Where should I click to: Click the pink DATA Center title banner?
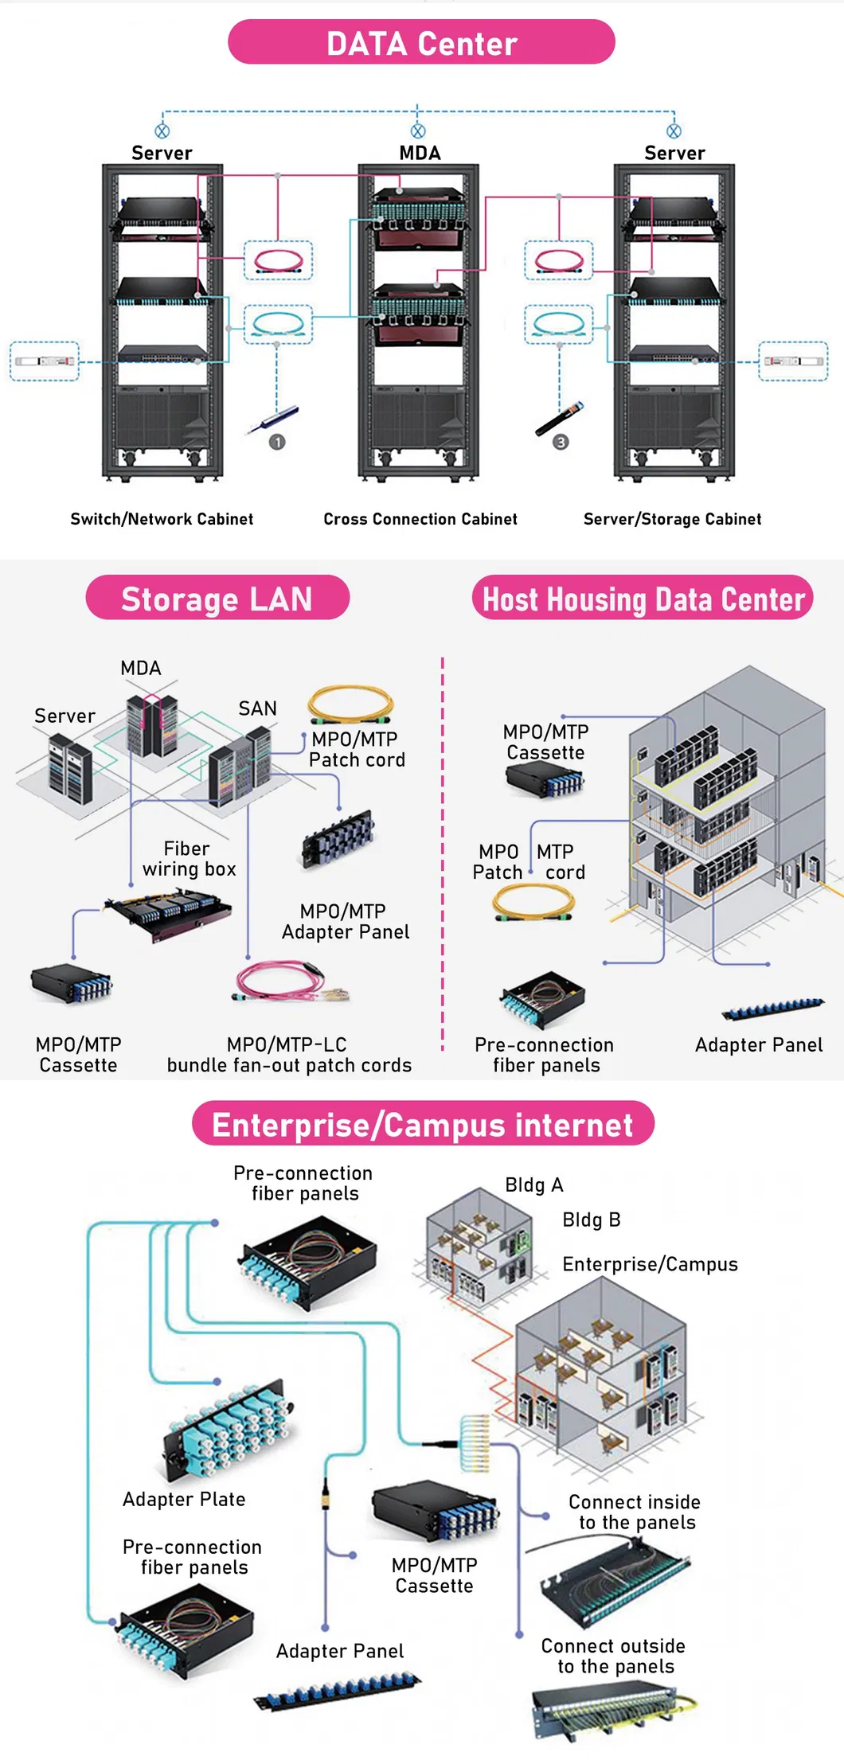tap(421, 43)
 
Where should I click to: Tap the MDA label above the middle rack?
tap(420, 153)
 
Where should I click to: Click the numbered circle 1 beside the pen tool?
tap(277, 442)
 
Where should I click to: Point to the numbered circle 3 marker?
tap(561, 442)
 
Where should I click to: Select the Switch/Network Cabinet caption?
tap(162, 519)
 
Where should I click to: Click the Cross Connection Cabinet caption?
tap(420, 519)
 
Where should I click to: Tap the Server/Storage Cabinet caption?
tap(672, 519)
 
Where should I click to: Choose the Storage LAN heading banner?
tap(217, 599)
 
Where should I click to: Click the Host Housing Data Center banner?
tap(643, 599)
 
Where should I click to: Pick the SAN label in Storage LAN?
tap(257, 708)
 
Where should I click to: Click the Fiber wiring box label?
tap(189, 859)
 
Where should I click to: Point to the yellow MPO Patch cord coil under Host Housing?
tap(533, 902)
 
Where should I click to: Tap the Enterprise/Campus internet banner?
tap(422, 1124)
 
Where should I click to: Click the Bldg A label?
tap(533, 1184)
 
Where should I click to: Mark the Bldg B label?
tap(591, 1220)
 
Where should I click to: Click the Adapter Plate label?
tap(184, 1499)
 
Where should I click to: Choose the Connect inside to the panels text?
tap(635, 1512)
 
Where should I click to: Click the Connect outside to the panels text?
tap(614, 1656)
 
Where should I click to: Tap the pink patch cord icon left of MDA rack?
tap(278, 260)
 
